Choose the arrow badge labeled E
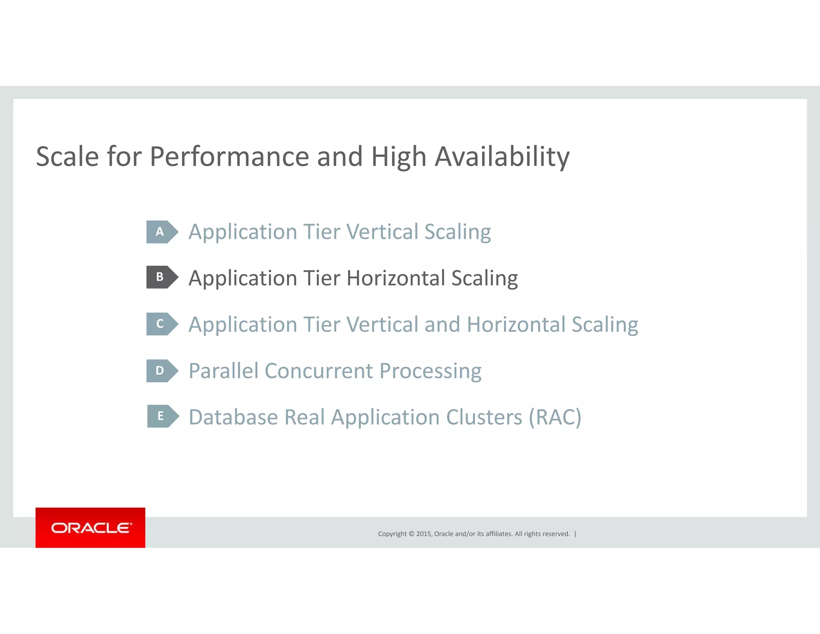[x=163, y=416]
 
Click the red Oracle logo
[x=90, y=527]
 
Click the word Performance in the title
[x=229, y=157]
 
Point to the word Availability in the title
[x=502, y=157]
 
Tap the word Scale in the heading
[x=67, y=157]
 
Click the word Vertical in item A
[x=382, y=232]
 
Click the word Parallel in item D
[x=223, y=371]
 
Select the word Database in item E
[x=233, y=417]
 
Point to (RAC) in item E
[x=555, y=417]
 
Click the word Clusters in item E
[x=484, y=417]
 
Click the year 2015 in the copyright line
[x=424, y=534]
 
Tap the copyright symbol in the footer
[x=411, y=534]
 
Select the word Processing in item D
[x=430, y=372]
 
